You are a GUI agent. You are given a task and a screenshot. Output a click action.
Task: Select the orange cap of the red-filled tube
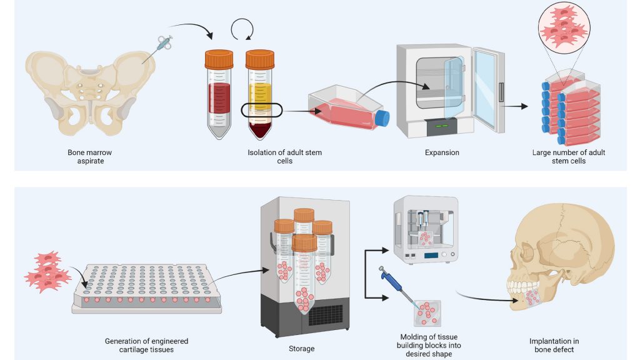click(x=219, y=59)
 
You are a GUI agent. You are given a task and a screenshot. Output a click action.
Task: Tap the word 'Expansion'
click(x=442, y=152)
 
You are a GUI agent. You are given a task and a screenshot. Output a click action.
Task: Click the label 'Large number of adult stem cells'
click(x=568, y=156)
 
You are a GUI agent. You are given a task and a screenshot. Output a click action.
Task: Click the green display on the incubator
click(x=442, y=126)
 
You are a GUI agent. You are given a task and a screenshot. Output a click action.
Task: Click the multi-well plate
click(x=147, y=287)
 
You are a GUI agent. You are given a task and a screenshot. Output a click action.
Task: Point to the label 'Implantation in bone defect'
click(x=554, y=345)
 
